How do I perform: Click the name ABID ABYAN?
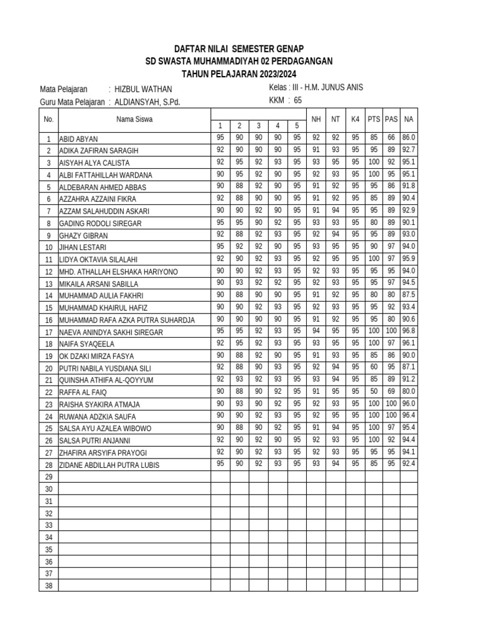click(x=78, y=139)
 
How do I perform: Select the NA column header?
click(x=408, y=118)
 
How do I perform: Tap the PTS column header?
click(x=373, y=118)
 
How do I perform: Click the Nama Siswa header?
click(x=134, y=118)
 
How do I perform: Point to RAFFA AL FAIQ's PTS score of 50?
click(x=373, y=391)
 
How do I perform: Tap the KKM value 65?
click(x=298, y=100)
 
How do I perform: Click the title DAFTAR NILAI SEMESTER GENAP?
click(x=239, y=49)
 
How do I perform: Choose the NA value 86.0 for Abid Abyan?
click(x=408, y=137)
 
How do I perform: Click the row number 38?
click(x=49, y=585)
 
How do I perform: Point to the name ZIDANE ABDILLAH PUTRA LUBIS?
click(x=110, y=465)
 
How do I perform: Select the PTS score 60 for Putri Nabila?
click(x=373, y=367)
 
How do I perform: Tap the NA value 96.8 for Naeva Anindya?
click(x=408, y=331)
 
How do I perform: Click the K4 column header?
click(x=355, y=118)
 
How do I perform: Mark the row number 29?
click(x=49, y=477)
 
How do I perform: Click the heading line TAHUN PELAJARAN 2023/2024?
click(x=239, y=74)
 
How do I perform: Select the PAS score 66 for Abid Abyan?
click(x=391, y=137)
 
